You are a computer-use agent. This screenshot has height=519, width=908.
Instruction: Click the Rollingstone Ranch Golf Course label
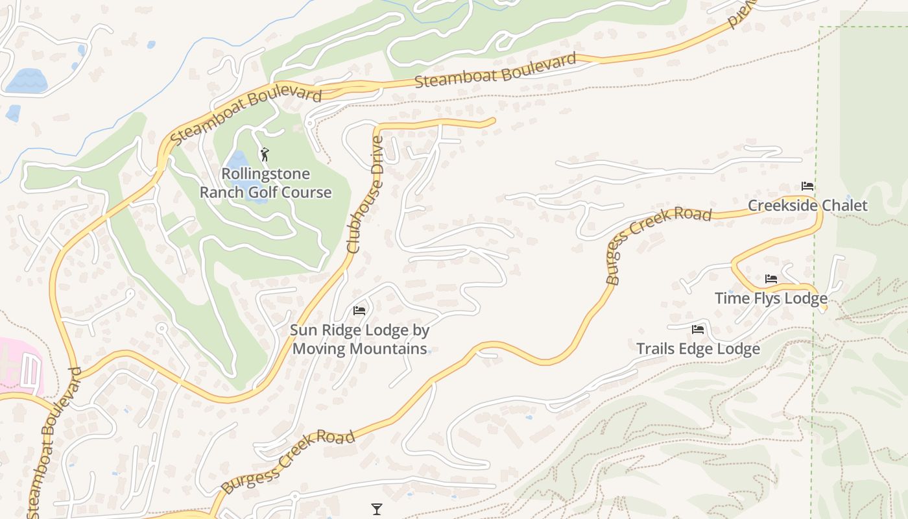tap(265, 183)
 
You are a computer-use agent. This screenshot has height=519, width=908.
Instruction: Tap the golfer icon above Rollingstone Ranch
tap(265, 154)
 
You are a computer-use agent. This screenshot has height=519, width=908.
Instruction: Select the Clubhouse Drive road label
tap(366, 194)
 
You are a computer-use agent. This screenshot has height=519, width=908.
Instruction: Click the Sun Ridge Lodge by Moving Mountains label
tap(359, 339)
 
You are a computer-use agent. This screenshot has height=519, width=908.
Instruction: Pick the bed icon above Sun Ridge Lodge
tap(359, 311)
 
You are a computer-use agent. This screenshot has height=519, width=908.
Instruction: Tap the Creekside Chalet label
tap(807, 206)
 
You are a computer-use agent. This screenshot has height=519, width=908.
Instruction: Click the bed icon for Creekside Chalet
tap(807, 186)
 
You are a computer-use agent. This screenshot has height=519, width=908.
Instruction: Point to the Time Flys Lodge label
tap(771, 298)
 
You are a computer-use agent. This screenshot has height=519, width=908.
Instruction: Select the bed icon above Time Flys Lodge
tap(771, 279)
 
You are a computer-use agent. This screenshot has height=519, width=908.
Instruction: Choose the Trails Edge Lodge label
tap(698, 349)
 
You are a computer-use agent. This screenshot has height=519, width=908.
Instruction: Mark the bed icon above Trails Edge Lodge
tap(698, 330)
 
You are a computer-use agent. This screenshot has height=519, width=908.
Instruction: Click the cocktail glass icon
tap(377, 509)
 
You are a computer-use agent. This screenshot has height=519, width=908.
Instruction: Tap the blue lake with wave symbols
tap(26, 81)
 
